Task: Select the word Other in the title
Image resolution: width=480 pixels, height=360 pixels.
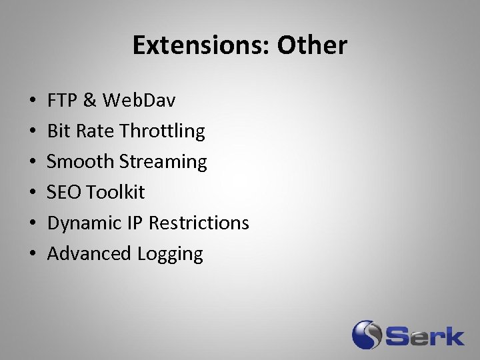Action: pyautogui.click(x=312, y=45)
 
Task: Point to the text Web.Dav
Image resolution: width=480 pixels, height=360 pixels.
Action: pyautogui.click(x=140, y=100)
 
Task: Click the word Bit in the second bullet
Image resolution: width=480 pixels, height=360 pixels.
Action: pyautogui.click(x=59, y=131)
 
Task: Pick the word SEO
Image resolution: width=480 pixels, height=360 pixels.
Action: pyautogui.click(x=64, y=192)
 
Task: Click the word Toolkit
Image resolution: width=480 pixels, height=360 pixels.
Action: pyautogui.click(x=115, y=192)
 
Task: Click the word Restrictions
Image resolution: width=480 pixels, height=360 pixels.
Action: pyautogui.click(x=199, y=223)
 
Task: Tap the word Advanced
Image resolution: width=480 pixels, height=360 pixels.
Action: pyautogui.click(x=89, y=253)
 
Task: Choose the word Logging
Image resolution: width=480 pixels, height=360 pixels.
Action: pyautogui.click(x=170, y=254)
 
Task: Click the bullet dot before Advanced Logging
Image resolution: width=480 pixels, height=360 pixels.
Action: pyautogui.click(x=33, y=254)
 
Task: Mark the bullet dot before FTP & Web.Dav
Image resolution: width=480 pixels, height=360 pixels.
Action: pyautogui.click(x=33, y=101)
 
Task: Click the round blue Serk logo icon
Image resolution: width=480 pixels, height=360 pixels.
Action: pyautogui.click(x=367, y=335)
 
